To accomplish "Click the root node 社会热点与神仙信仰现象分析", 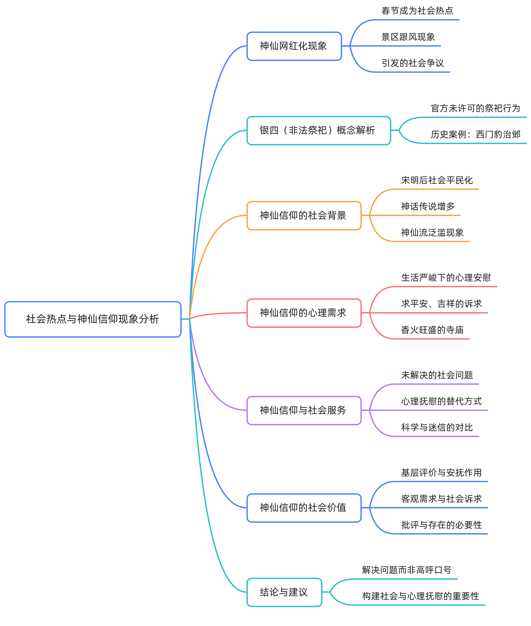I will click(93, 319).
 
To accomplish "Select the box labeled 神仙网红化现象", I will click(294, 46).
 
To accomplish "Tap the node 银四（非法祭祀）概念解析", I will click(319, 130).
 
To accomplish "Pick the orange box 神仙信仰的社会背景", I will click(303, 215).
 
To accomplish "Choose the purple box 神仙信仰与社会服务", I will click(303, 410).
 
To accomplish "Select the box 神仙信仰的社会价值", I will click(303, 508).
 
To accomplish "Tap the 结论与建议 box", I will click(284, 592).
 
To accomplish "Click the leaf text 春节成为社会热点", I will click(417, 11).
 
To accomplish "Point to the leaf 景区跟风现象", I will click(408, 37).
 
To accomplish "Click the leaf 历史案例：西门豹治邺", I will click(475, 134).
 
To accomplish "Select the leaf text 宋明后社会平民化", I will click(437, 180).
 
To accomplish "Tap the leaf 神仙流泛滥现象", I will click(432, 232).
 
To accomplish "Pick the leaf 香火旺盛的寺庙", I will click(432, 330).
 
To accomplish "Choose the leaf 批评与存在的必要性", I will click(441, 525).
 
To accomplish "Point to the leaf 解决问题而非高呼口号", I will click(407, 570).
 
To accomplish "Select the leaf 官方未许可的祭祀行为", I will click(475, 108).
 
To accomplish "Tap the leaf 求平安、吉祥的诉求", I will click(441, 304).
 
